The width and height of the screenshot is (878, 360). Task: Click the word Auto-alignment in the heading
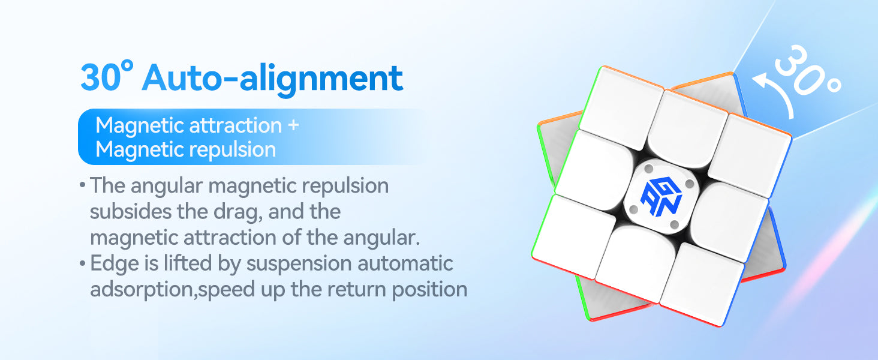272,79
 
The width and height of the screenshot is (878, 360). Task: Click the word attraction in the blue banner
236,125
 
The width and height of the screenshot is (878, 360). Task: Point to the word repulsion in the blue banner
233,150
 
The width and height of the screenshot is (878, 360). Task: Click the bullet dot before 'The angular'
82,184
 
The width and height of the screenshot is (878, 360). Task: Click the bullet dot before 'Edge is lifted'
82,263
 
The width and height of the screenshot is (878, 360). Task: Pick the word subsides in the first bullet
131,212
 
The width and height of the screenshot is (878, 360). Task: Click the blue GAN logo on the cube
661,196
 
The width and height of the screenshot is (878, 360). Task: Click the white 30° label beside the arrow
807,71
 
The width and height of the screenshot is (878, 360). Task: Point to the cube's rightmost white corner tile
751,155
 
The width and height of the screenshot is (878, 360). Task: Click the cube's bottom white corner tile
702,284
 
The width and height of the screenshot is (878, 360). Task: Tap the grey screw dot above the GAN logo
649,169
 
